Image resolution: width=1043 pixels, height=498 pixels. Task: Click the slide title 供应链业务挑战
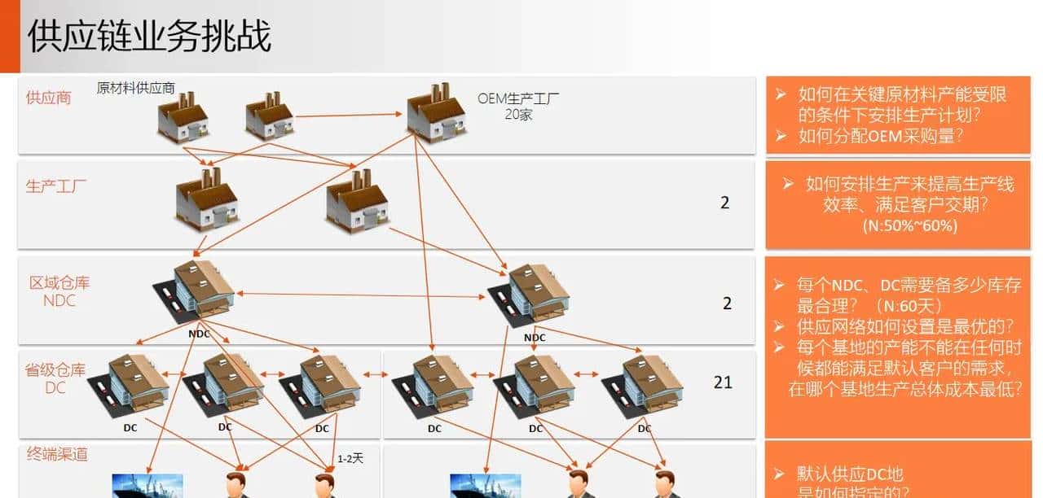click(x=149, y=37)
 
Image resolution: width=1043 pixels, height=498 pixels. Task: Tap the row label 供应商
click(x=48, y=98)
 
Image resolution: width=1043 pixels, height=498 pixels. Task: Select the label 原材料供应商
click(x=135, y=88)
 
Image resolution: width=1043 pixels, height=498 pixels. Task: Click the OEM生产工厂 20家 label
click(x=518, y=107)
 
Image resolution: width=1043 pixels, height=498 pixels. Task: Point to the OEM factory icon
click(x=436, y=112)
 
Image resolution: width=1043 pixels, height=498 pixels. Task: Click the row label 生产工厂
click(x=56, y=186)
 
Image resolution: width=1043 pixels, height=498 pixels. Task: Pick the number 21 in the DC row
click(x=723, y=382)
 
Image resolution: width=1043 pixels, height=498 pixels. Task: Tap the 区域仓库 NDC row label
click(x=59, y=291)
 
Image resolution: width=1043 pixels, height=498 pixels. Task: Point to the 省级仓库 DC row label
click(x=55, y=378)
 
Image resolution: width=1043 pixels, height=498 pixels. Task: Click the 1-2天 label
click(x=350, y=458)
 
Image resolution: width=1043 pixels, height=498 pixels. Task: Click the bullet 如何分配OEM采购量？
click(x=880, y=136)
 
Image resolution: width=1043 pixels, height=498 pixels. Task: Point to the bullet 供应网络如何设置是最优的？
click(x=904, y=326)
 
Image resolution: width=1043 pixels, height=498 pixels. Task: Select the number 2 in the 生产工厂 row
click(x=725, y=203)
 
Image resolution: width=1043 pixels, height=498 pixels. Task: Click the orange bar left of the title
click(x=10, y=37)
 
